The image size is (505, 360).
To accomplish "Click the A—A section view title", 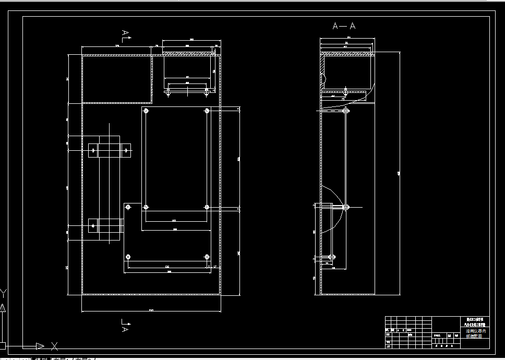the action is (x=344, y=26).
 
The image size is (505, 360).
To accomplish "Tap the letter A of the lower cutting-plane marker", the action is (x=125, y=329).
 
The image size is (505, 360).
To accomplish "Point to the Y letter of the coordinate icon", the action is (x=4, y=293).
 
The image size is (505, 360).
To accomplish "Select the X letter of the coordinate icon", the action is (x=54, y=345).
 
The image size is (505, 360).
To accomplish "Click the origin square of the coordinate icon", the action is (x=3, y=345).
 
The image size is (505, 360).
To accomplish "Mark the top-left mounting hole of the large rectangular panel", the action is (x=146, y=111).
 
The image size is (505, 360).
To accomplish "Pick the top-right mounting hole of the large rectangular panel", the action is (x=207, y=111).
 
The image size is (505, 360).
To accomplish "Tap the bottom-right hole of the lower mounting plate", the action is (x=207, y=257).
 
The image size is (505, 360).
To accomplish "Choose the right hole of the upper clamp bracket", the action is (x=125, y=150).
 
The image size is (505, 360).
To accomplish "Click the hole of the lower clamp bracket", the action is (x=93, y=225).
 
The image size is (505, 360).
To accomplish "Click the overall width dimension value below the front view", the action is (x=151, y=310).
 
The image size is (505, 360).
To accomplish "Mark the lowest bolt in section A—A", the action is (x=329, y=258).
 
